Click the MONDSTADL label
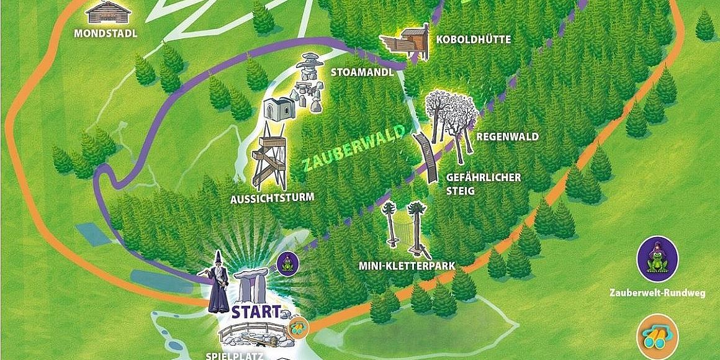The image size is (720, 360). point(106,34)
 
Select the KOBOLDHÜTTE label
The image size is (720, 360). point(473,40)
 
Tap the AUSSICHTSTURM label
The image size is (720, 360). point(272,198)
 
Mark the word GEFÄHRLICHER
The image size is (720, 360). point(483,178)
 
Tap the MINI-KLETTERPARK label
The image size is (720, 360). point(407,266)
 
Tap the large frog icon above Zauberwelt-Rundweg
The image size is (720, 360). point(657,259)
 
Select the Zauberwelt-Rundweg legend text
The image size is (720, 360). point(657,293)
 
